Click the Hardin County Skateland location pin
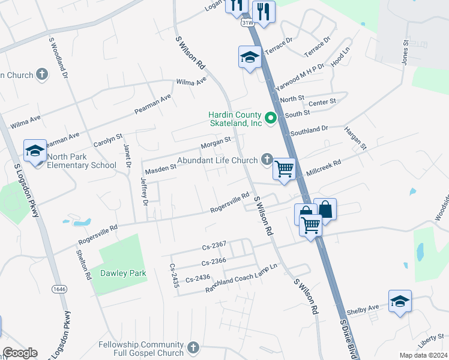click(270, 118)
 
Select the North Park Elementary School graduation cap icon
click(35, 151)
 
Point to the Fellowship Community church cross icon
click(193, 347)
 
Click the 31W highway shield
click(247, 22)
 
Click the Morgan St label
click(215, 142)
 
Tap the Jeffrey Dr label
click(144, 191)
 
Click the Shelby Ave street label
click(366, 308)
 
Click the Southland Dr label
click(309, 129)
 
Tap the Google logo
click(20, 353)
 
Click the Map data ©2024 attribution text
click(423, 355)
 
